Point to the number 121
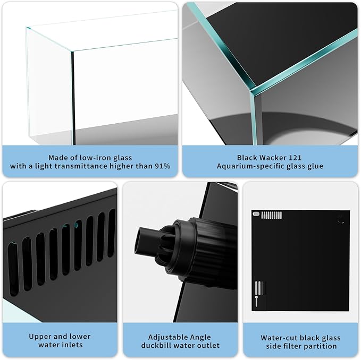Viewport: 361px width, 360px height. tap(293, 157)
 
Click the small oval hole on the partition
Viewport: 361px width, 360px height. tap(256, 214)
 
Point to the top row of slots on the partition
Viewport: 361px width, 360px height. tap(271, 215)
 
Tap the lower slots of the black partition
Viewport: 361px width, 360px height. tap(259, 289)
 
